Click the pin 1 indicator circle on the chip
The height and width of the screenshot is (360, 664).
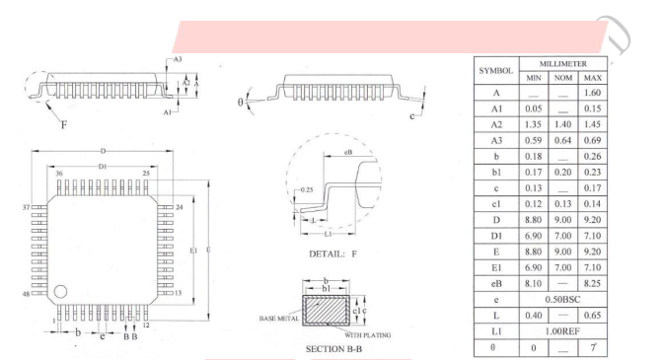(x=60, y=291)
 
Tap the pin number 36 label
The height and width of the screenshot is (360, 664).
(x=59, y=174)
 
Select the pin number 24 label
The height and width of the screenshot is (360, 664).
(x=180, y=207)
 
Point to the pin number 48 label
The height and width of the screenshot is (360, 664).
(x=27, y=294)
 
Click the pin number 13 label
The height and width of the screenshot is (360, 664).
(x=178, y=293)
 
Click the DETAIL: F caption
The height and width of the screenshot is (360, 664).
(x=332, y=253)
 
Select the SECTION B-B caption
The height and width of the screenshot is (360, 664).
(x=333, y=349)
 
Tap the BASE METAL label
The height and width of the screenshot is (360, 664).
(x=278, y=318)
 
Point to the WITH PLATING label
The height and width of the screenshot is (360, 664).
(x=368, y=335)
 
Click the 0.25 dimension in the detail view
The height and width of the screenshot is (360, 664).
(x=307, y=189)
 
